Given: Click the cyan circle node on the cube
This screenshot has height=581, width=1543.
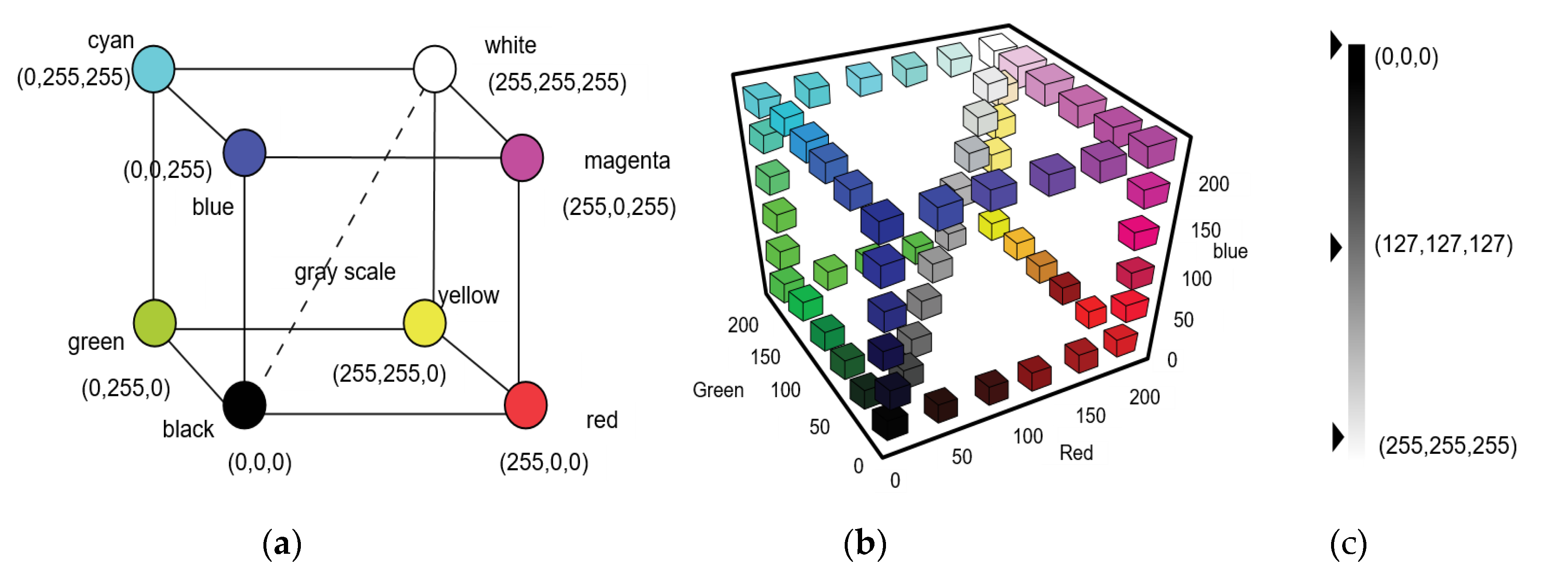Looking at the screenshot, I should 153,69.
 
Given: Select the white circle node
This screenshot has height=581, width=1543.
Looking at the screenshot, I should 434,69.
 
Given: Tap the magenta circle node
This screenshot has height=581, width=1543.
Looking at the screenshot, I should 522,157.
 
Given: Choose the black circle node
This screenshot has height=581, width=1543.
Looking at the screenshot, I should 244,405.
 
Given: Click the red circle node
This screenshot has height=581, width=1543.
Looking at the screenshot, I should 525,405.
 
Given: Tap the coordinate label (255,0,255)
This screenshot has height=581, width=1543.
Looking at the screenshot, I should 619,206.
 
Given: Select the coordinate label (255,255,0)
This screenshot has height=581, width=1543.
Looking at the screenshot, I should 389,374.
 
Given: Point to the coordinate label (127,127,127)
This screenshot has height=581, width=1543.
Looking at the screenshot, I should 1443,244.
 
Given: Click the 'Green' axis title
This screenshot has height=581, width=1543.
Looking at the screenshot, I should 717,390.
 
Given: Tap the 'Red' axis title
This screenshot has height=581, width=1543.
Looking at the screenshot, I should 1076,453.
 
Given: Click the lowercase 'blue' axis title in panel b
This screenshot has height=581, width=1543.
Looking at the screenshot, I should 1230,251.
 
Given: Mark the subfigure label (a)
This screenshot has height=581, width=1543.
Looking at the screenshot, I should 282,544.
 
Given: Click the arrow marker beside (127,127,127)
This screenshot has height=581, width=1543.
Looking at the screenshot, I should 1336,247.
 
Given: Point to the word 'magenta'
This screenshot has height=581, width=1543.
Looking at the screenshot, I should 626,160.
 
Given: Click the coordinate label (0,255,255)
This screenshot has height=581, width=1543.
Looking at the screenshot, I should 73,77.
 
